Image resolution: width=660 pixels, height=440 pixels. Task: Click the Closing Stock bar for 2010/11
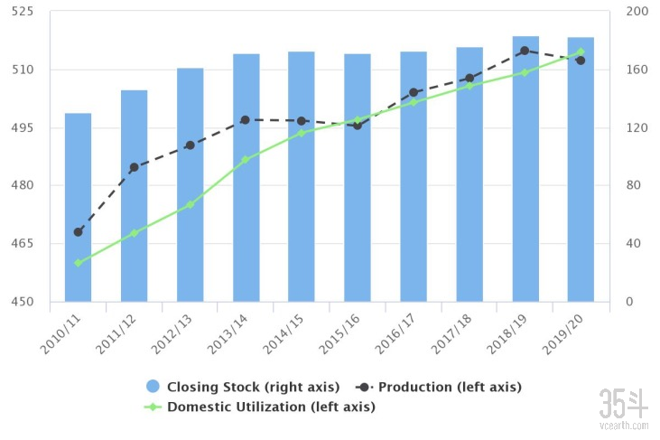pyautogui.click(x=78, y=208)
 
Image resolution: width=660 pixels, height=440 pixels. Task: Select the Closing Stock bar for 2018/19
pyautogui.click(x=525, y=169)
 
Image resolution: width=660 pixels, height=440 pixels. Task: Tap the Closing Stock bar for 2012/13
pyautogui.click(x=190, y=185)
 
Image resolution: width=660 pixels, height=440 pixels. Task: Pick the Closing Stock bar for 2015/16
pyautogui.click(x=358, y=178)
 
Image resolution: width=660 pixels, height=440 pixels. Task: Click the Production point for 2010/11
pyautogui.click(x=78, y=232)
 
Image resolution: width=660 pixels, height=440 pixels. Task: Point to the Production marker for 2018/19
pyautogui.click(x=525, y=51)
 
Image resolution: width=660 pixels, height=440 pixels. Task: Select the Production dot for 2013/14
pyautogui.click(x=245, y=119)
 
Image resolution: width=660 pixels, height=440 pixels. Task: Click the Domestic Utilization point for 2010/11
pyautogui.click(x=78, y=263)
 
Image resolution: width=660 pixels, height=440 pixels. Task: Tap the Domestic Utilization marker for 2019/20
pyautogui.click(x=581, y=52)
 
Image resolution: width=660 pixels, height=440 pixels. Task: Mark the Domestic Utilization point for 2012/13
pyautogui.click(x=190, y=205)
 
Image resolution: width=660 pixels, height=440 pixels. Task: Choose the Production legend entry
pyautogui.click(x=449, y=387)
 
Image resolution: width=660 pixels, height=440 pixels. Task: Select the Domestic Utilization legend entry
pyautogui.click(x=269, y=407)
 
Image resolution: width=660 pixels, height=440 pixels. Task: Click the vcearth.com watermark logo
pyautogui.click(x=624, y=408)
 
